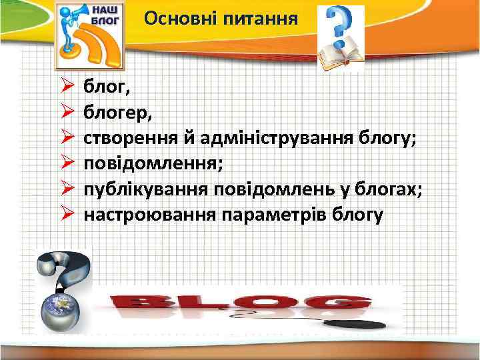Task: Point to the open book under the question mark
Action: pos(340,57)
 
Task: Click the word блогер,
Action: pos(117,112)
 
